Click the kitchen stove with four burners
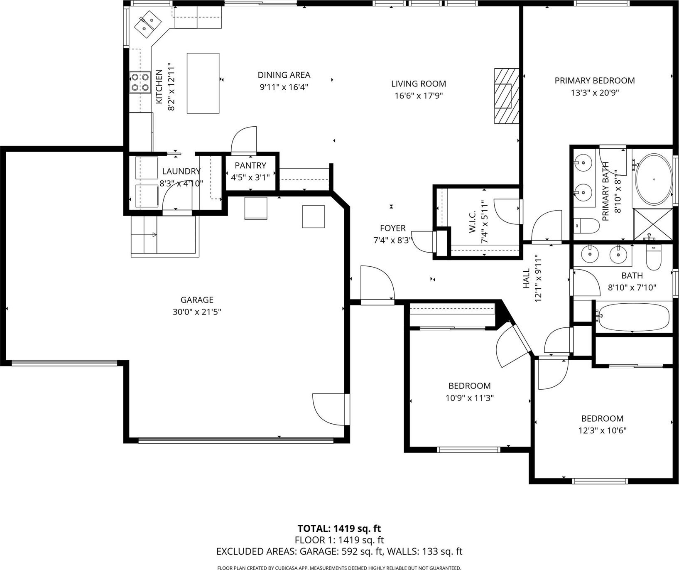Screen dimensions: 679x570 [x=140, y=82]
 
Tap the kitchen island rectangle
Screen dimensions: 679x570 [x=203, y=83]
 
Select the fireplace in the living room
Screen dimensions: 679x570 [x=507, y=96]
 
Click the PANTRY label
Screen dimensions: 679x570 [x=250, y=165]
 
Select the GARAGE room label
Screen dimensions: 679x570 [x=197, y=300]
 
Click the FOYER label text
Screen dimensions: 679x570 [x=393, y=228]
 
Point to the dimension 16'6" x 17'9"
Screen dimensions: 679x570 [x=419, y=96]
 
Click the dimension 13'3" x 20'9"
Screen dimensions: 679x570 [x=595, y=93]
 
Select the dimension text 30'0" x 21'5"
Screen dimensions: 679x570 [x=197, y=312]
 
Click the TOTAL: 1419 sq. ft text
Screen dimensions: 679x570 [x=339, y=528]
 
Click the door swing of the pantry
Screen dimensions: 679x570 [x=244, y=139]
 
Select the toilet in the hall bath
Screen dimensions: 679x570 [x=654, y=257]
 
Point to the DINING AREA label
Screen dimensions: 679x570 [x=284, y=75]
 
